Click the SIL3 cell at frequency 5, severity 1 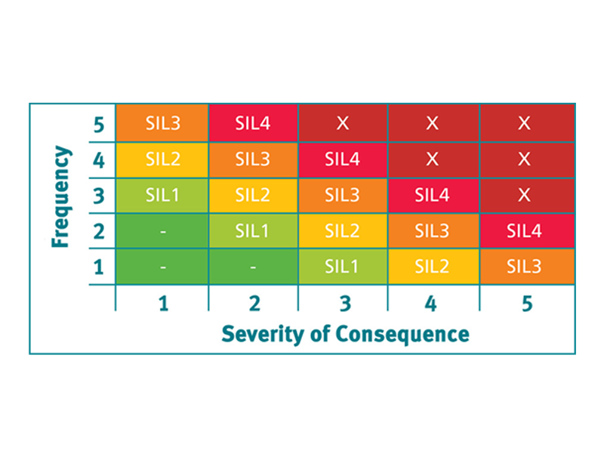(162, 123)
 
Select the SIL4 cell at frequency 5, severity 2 (253, 123)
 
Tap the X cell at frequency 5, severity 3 (343, 123)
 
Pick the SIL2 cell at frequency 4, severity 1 (162, 159)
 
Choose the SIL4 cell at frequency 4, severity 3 (343, 159)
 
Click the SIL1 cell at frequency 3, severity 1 (162, 195)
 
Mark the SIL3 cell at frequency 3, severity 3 (343, 195)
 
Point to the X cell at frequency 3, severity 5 (524, 195)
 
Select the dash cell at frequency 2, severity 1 (162, 231)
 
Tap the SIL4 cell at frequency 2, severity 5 (524, 231)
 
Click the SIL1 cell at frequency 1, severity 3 (343, 267)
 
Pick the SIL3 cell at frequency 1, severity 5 (524, 267)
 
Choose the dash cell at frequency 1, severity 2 (253, 267)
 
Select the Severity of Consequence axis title (345, 333)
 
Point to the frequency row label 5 (98, 123)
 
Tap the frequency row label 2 (98, 231)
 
